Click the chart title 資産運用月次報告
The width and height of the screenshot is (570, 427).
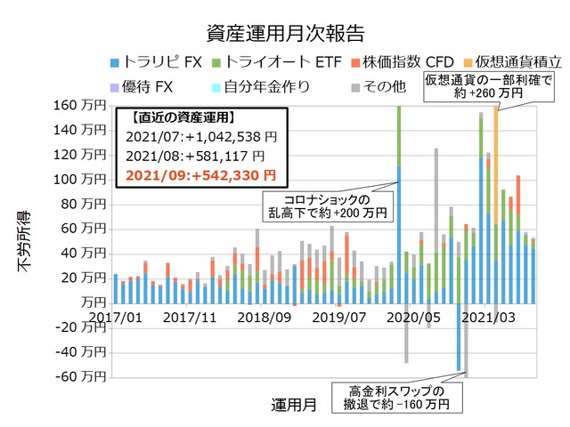click(x=284, y=35)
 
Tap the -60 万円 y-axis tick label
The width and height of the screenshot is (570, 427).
click(x=81, y=376)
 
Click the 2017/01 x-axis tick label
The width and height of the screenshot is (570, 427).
click(x=115, y=317)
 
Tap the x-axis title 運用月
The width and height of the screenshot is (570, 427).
click(x=293, y=405)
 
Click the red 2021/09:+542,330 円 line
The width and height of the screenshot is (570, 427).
click(x=199, y=174)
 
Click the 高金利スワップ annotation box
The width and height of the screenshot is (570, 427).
click(x=393, y=398)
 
